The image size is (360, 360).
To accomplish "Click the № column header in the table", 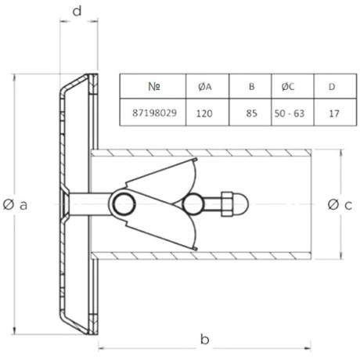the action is pyautogui.click(x=154, y=86).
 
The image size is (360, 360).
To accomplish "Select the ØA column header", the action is pyautogui.click(x=205, y=87).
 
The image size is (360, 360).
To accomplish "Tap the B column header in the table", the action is pyautogui.click(x=251, y=86).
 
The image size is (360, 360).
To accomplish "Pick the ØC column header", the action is pyautogui.click(x=288, y=87).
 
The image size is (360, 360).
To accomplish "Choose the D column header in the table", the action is pyautogui.click(x=332, y=87).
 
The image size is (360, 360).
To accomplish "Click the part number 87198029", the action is pyautogui.click(x=154, y=113).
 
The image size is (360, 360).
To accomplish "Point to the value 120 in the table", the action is pyautogui.click(x=204, y=113).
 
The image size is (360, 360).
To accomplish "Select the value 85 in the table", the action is pyautogui.click(x=251, y=113).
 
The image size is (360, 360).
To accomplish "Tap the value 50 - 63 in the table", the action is pyautogui.click(x=290, y=113).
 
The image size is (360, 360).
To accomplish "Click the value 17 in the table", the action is pyautogui.click(x=334, y=113).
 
